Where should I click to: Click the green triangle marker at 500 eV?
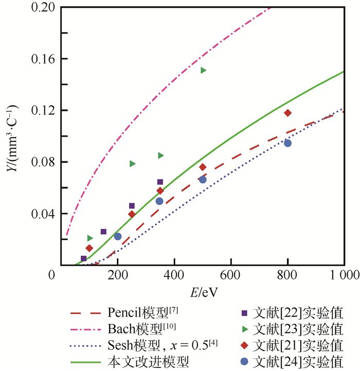[203, 70]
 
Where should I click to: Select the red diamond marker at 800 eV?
[287, 113]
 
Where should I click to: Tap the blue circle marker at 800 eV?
[287, 143]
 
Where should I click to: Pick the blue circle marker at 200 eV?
[118, 236]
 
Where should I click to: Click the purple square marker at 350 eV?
[160, 182]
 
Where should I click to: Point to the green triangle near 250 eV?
[133, 163]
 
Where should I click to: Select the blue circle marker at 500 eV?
[203, 179]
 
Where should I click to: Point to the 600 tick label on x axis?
[231, 275]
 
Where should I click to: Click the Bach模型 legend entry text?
[139, 328]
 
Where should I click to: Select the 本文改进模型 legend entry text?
[149, 362]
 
